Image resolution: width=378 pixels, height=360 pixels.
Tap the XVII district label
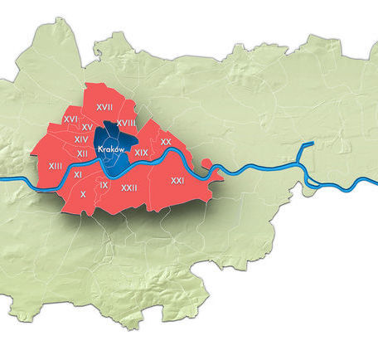pyautogui.click(x=104, y=108)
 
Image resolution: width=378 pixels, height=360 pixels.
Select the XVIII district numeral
pyautogui.click(x=126, y=123)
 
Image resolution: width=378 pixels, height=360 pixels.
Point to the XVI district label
pyautogui.click(x=70, y=119)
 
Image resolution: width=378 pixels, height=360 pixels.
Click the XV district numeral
pyautogui.click(x=86, y=127)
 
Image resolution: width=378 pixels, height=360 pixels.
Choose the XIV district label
pyautogui.click(x=81, y=140)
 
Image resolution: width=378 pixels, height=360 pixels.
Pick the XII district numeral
pyautogui.click(x=82, y=153)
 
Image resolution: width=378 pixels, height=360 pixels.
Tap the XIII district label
pyautogui.click(x=56, y=167)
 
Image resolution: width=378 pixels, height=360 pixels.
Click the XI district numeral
pyautogui.click(x=77, y=175)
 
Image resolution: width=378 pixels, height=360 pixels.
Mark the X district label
pyautogui.click(x=83, y=194)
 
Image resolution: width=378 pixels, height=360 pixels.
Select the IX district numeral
pyautogui.click(x=104, y=185)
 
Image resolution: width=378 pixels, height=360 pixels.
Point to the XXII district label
pyautogui.click(x=128, y=187)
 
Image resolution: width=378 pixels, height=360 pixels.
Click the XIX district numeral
pyautogui.click(x=141, y=153)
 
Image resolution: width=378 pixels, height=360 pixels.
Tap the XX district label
pyautogui.click(x=166, y=143)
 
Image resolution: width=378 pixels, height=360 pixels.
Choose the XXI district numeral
pyautogui.click(x=177, y=180)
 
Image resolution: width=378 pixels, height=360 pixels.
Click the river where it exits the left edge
pyautogui.click(x=3, y=180)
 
